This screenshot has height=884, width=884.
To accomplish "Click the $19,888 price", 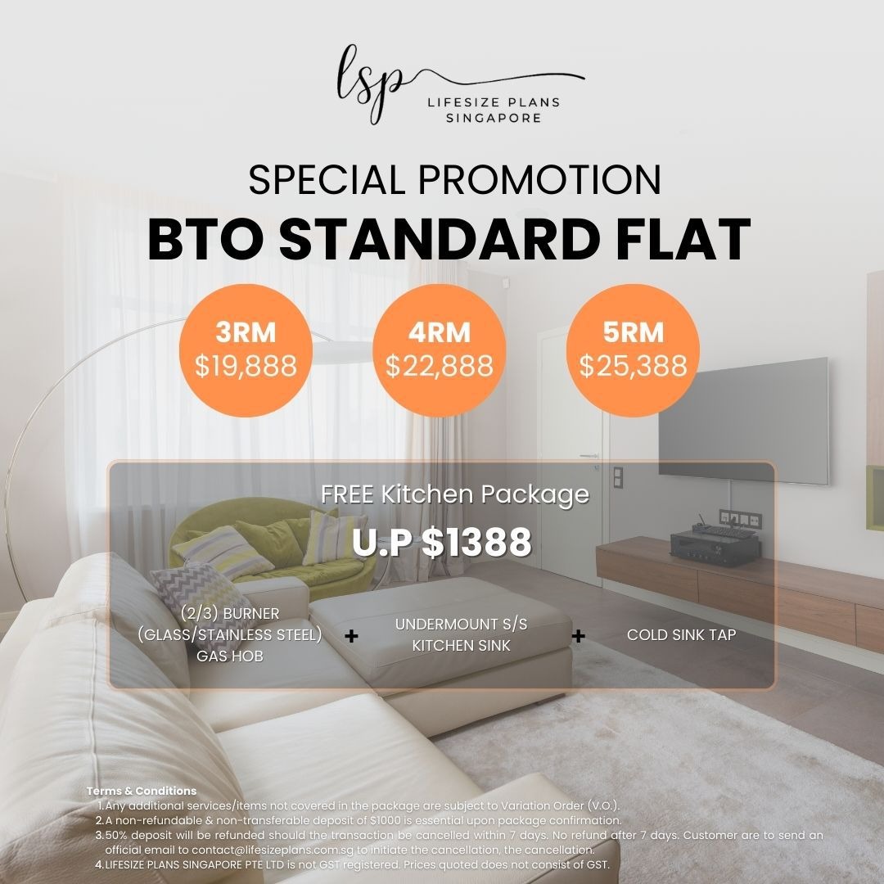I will click(246, 366).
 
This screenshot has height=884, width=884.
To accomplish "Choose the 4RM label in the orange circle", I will click(439, 333).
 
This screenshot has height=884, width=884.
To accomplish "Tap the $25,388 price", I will click(633, 366).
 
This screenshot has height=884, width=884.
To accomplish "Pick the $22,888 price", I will click(439, 366).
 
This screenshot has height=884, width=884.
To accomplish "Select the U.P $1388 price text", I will click(441, 542).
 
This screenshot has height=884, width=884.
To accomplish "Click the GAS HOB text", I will click(230, 656).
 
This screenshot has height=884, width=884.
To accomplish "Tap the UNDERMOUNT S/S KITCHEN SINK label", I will click(461, 634).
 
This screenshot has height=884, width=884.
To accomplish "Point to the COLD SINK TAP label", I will click(681, 634).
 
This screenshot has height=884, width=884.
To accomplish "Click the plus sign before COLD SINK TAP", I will click(579, 636).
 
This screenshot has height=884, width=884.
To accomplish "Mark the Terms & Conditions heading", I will click(142, 791).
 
